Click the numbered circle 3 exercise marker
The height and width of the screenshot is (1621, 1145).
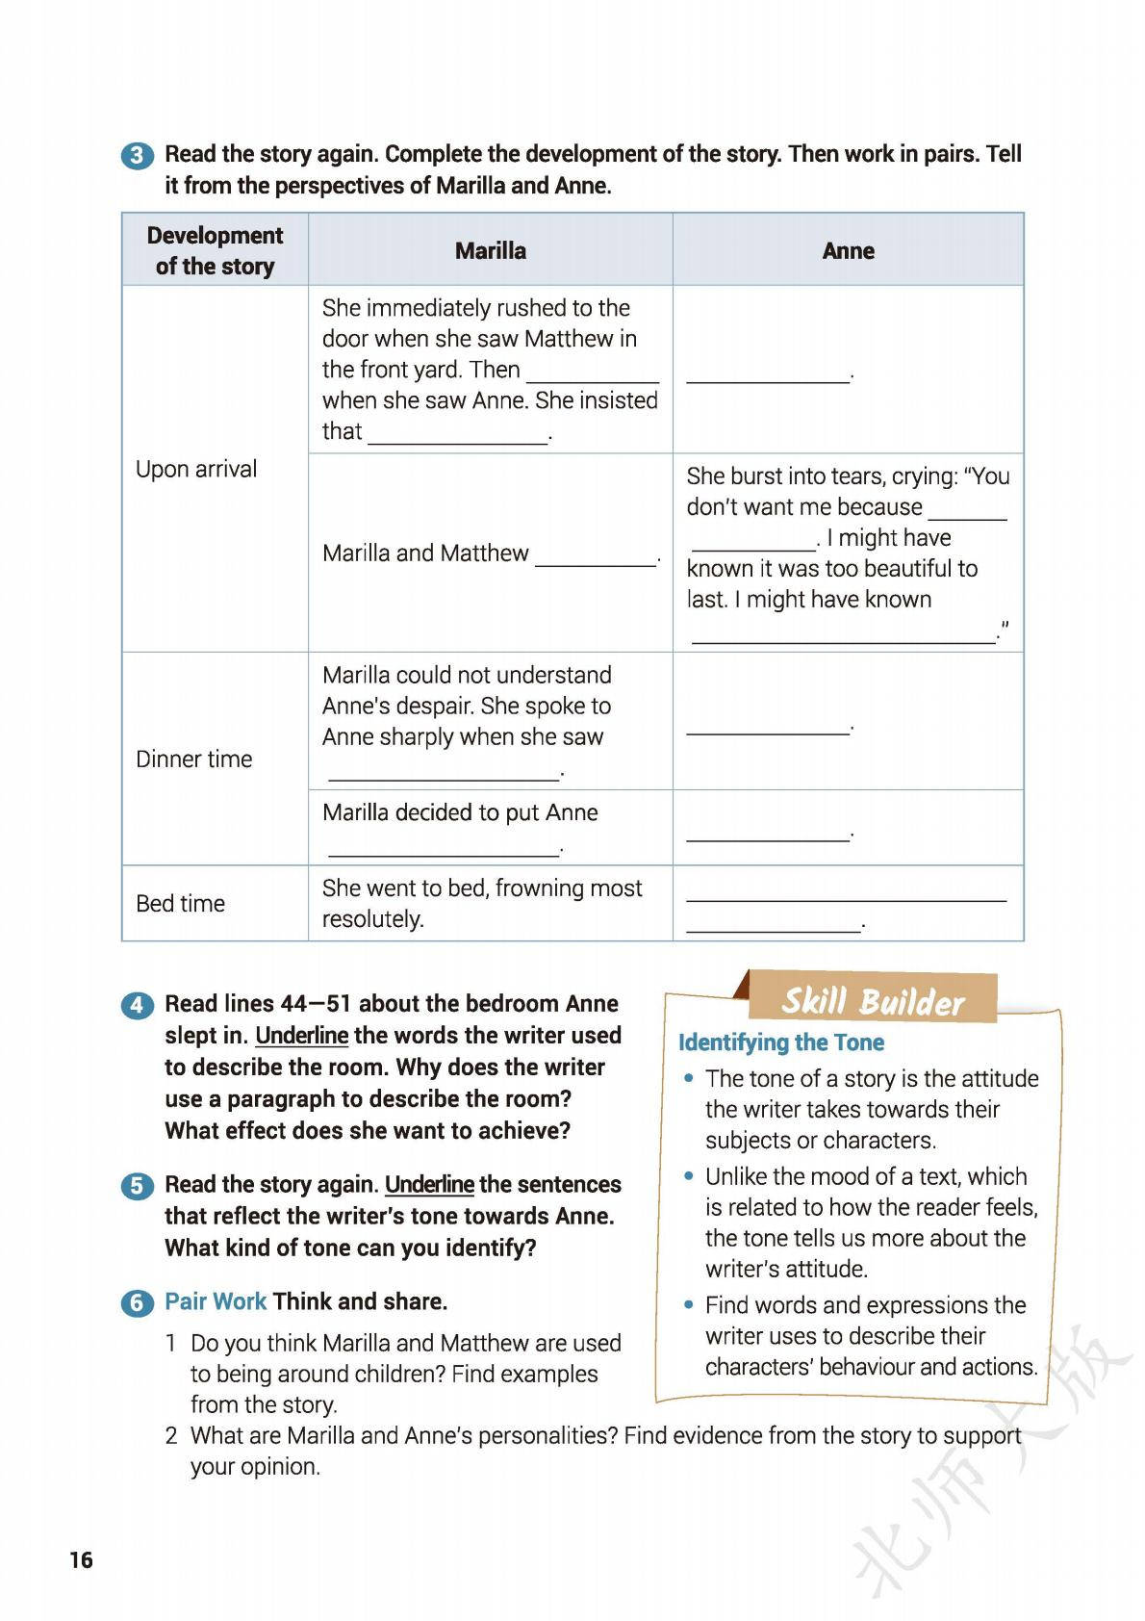coord(138,156)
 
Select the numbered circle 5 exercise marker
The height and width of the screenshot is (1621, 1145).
coord(138,1186)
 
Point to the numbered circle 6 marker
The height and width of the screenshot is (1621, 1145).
coord(138,1303)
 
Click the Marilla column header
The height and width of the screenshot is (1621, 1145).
coord(490,251)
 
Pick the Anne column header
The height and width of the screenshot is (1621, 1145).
coord(848,251)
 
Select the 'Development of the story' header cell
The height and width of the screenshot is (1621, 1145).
coord(215,250)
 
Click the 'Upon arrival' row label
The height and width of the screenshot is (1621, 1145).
coord(196,469)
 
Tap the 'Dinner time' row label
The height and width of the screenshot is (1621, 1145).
coord(193,759)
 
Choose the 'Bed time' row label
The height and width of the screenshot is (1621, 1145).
coord(180,903)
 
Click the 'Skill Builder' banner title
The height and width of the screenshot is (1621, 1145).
coord(872,1002)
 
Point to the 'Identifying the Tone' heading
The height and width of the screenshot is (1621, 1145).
coord(780,1042)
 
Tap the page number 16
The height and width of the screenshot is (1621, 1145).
coord(81,1559)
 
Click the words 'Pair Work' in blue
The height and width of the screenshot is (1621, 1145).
coord(216,1301)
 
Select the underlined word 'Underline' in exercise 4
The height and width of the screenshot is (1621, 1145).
coord(301,1036)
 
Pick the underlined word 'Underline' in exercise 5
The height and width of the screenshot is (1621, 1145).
coord(429,1184)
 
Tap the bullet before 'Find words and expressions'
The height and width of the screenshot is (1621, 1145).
coord(689,1305)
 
